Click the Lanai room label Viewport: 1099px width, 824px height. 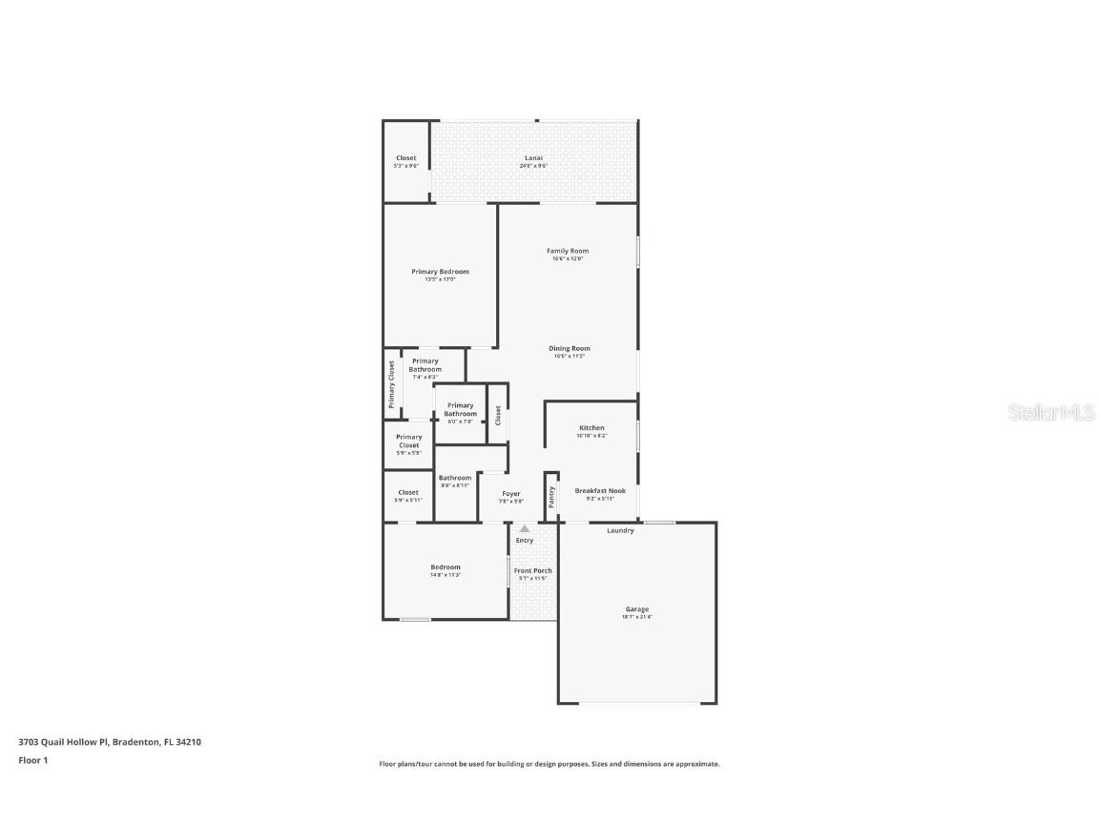click(x=533, y=158)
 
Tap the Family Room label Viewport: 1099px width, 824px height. click(x=567, y=252)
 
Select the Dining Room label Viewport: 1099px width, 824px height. click(x=569, y=349)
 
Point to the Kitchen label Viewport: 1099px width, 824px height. click(x=591, y=429)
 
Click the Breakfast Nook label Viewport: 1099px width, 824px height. click(x=600, y=491)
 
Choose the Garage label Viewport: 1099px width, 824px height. click(x=636, y=609)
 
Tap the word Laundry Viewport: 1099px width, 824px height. click(x=620, y=531)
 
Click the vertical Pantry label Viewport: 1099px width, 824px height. click(x=551, y=497)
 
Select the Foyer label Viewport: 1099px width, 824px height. click(x=511, y=494)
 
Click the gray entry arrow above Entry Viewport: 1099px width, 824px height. click(x=524, y=528)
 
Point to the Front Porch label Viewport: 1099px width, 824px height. click(x=535, y=571)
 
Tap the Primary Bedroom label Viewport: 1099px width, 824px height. click(x=440, y=272)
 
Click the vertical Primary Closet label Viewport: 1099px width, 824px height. click(x=391, y=384)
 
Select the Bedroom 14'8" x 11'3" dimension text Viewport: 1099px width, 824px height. click(x=445, y=575)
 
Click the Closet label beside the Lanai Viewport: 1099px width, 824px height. click(x=406, y=158)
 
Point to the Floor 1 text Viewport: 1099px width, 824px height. click(x=32, y=760)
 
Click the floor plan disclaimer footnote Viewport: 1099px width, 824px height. click(x=549, y=764)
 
